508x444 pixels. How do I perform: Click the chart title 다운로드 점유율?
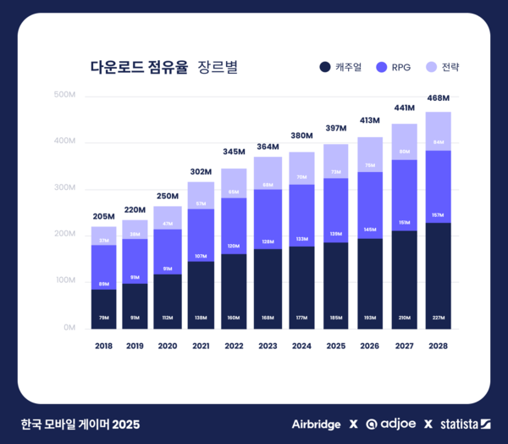(x=139, y=67)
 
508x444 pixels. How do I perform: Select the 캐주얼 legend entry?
(x=341, y=67)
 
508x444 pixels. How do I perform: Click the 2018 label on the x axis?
(x=103, y=346)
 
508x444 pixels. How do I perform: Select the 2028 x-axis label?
(x=438, y=346)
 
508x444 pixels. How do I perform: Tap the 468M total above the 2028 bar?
(x=438, y=98)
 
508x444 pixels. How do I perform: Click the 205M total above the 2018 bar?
(x=103, y=216)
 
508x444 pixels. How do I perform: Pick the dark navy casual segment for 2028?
(x=438, y=275)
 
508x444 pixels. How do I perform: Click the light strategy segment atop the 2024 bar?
(x=301, y=168)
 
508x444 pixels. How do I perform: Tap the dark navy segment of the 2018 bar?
(x=103, y=309)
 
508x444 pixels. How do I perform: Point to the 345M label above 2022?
(x=234, y=152)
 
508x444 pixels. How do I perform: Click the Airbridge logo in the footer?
(x=316, y=424)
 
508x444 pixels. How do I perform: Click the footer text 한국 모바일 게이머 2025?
(x=81, y=424)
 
